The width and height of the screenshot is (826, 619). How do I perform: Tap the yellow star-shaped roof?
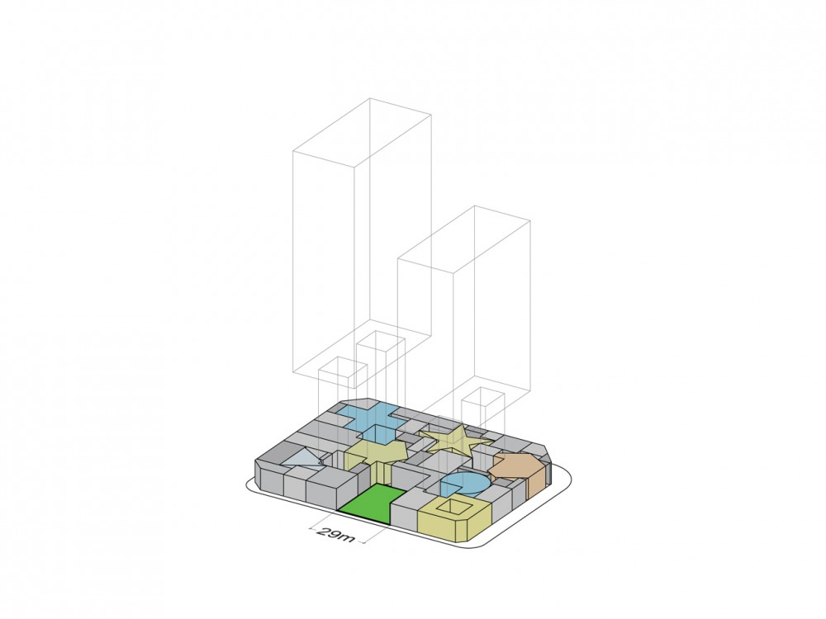(453, 441)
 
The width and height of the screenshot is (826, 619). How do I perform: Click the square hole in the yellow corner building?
(453, 507)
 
